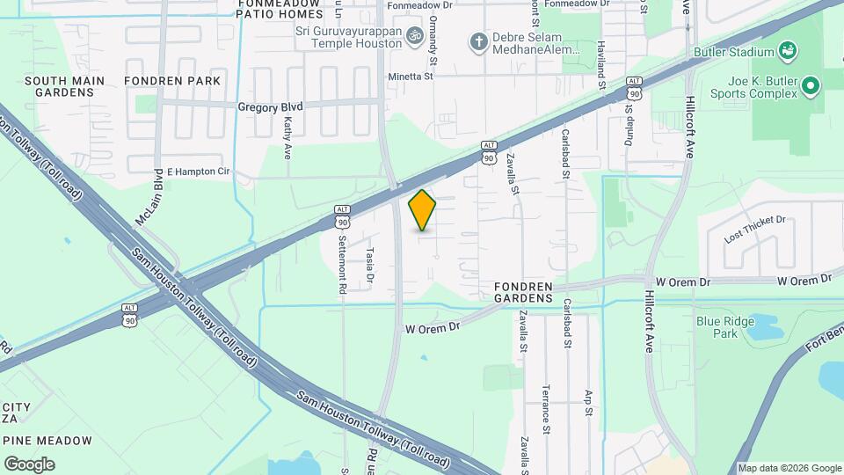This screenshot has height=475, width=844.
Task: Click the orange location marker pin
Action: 423,210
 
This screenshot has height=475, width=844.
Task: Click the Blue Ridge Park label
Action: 725,327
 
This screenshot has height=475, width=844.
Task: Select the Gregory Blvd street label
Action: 270,106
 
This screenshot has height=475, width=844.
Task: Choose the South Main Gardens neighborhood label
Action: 64,86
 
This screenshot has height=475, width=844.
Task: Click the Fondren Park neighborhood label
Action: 172,81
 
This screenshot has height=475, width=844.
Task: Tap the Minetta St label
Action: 411,77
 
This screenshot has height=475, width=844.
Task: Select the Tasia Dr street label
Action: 370,265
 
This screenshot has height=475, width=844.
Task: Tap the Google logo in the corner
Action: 29,464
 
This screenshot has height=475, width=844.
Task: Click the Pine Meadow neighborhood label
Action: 47,441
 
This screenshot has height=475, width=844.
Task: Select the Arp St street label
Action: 589,401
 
